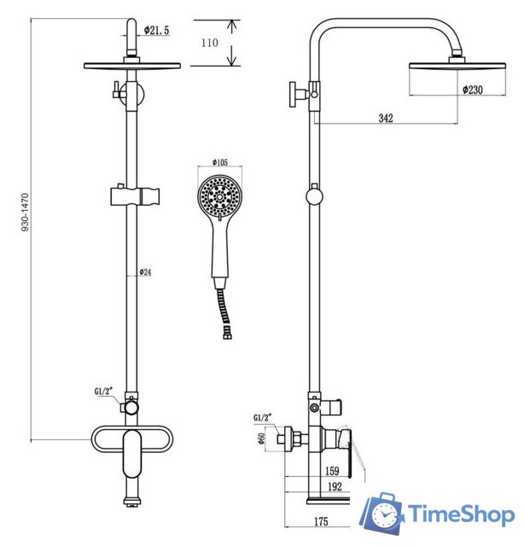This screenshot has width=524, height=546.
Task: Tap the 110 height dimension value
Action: pos(209,43)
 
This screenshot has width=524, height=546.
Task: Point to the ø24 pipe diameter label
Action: pos(146,272)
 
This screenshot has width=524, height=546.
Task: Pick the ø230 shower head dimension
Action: pos(474,89)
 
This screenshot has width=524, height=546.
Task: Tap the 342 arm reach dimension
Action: pos(385,119)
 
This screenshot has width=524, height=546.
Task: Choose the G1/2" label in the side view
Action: pos(264,418)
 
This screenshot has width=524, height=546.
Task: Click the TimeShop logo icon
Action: pos(381,514)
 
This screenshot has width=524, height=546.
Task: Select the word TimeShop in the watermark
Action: pos(460,514)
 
